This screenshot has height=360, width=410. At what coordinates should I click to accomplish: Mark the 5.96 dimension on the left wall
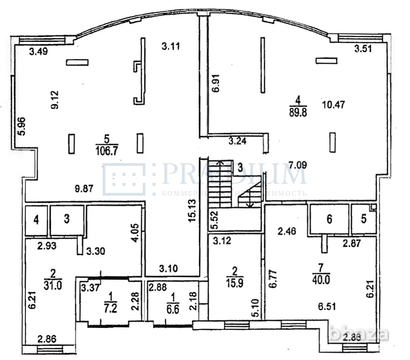tap(21, 126)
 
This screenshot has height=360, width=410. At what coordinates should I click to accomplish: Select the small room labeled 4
tap(36, 220)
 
